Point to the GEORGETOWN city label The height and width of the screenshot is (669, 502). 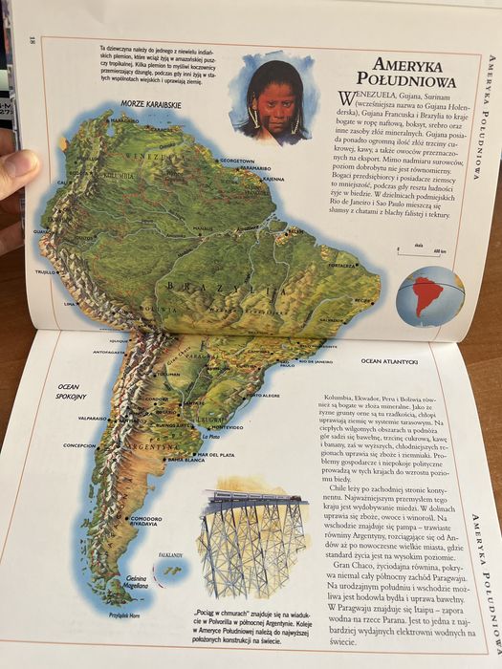tap(235, 161)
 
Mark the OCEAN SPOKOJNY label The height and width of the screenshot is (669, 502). tap(68, 391)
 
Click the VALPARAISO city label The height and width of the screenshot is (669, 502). tap(86, 418)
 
